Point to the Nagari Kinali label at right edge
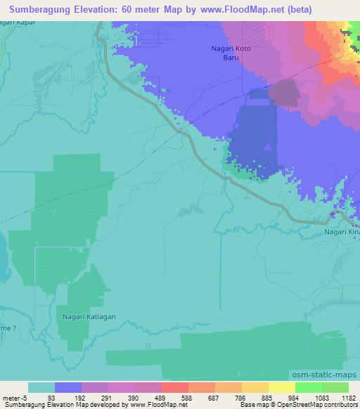[x=342, y=231]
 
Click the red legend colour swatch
[x=175, y=387]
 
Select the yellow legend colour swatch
[x=282, y=387]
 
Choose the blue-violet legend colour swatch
[x=68, y=387]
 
